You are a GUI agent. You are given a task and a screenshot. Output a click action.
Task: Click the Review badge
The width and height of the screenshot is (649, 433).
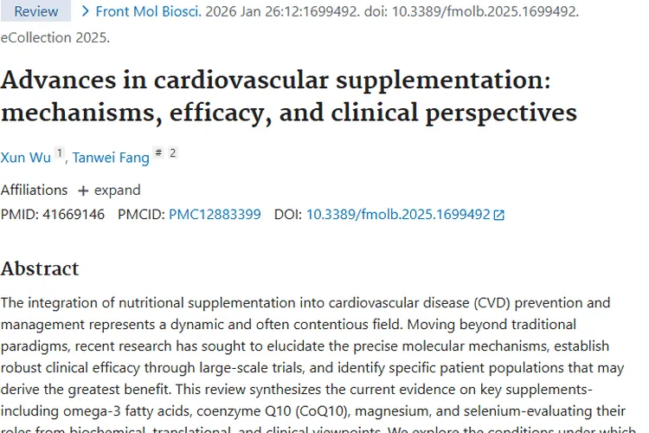click(x=36, y=11)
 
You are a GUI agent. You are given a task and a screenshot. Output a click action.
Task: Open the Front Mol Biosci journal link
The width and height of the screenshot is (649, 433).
click(x=148, y=11)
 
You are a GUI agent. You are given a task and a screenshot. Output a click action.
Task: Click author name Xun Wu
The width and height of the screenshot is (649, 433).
click(x=26, y=157)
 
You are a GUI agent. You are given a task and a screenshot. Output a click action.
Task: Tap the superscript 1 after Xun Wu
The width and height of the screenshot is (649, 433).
click(x=60, y=153)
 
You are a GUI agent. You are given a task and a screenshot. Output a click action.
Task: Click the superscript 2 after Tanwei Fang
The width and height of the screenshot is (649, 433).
click(x=172, y=153)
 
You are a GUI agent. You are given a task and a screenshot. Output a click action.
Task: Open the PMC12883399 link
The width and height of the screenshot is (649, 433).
click(x=215, y=214)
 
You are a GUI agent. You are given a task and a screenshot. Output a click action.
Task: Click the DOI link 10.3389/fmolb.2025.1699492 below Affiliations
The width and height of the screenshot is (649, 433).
click(x=398, y=214)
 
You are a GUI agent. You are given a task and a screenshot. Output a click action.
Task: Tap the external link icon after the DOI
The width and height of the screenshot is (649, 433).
click(x=498, y=215)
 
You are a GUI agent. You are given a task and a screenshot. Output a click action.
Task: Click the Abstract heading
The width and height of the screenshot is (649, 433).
click(x=40, y=268)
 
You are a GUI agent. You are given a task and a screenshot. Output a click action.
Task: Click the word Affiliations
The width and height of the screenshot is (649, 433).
click(x=34, y=190)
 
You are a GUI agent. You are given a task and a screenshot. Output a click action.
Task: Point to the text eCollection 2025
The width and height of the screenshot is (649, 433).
click(x=55, y=37)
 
